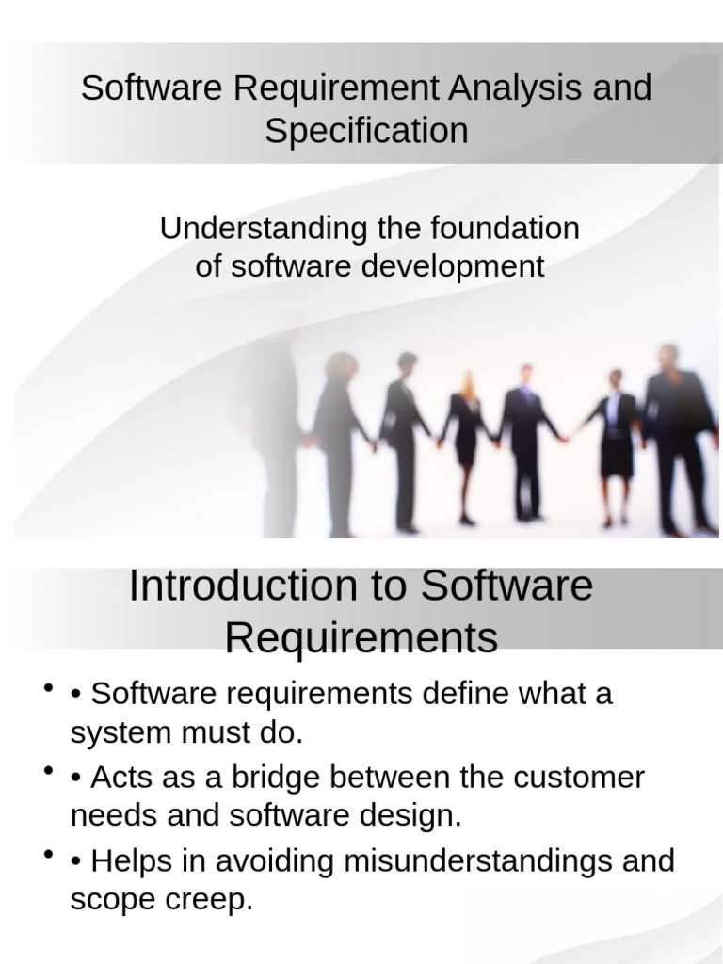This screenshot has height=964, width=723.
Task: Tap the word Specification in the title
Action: [x=366, y=131]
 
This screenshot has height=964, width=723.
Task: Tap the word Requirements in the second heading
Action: [x=361, y=638]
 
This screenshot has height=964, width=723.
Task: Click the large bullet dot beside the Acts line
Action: [x=45, y=773]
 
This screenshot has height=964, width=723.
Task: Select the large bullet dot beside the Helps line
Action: [x=45, y=856]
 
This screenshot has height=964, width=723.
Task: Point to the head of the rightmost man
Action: [x=669, y=359]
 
